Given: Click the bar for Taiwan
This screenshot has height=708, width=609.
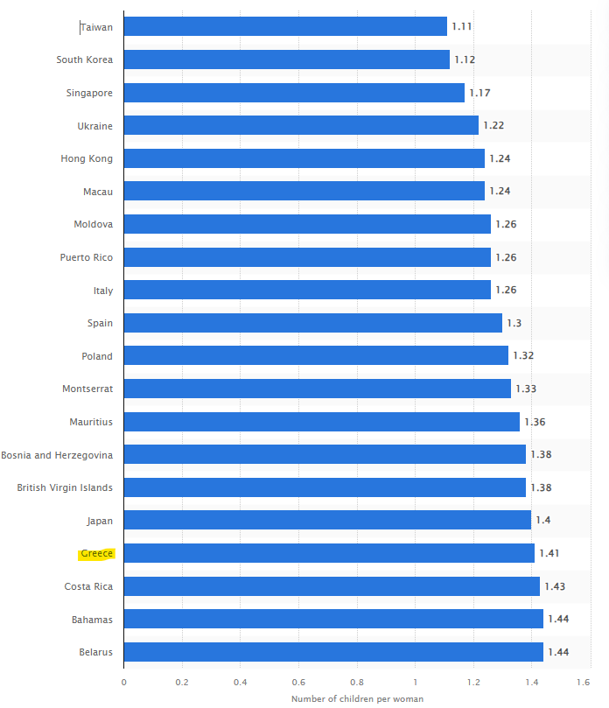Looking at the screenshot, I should (285, 27).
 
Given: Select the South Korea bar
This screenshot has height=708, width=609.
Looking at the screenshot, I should (287, 60).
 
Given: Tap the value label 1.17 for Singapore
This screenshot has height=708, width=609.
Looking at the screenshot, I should (479, 93).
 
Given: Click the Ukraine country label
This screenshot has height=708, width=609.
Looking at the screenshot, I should (94, 126).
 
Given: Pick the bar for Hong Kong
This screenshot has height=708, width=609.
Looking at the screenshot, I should (304, 158).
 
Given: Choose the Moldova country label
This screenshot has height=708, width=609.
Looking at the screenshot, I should (93, 224).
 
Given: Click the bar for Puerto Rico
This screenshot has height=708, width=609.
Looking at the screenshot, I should (307, 257).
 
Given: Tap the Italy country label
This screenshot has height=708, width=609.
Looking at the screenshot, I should (103, 291).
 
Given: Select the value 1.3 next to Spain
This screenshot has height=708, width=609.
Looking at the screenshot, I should (514, 323).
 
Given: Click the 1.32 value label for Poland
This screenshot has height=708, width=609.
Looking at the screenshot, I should (523, 356).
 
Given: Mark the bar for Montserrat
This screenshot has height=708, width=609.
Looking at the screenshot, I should (318, 389).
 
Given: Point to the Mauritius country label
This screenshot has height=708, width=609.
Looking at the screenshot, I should (91, 422).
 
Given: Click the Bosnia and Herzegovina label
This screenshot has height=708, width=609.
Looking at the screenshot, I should (57, 454).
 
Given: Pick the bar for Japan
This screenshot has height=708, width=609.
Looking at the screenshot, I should (327, 521).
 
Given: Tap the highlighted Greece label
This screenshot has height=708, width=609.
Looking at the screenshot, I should (97, 553).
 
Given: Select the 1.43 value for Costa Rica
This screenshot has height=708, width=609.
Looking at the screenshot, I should (555, 586).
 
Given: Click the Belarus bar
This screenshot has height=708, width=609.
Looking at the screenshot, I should (333, 652).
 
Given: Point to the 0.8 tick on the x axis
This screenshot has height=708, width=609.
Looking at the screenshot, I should (357, 682).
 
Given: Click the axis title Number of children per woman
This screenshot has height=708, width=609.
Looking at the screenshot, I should (357, 698).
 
